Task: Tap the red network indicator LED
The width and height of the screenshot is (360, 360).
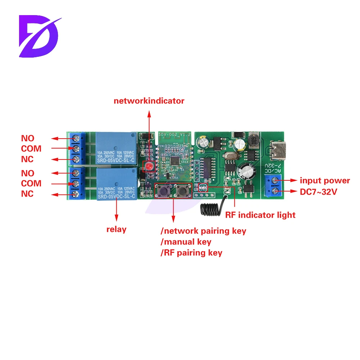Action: click(148, 166)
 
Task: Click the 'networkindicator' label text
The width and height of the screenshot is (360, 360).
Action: click(149, 101)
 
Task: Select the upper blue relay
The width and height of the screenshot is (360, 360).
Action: click(115, 148)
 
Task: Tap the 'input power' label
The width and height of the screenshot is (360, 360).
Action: click(325, 181)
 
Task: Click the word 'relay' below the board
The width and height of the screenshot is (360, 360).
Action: click(116, 229)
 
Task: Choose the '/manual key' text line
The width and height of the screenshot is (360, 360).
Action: click(186, 242)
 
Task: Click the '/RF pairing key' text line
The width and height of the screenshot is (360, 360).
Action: click(191, 253)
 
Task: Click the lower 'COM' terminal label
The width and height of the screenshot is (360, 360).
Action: click(31, 184)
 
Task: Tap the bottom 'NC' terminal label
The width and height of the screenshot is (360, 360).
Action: click(27, 194)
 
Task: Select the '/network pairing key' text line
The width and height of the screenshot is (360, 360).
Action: click(203, 231)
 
